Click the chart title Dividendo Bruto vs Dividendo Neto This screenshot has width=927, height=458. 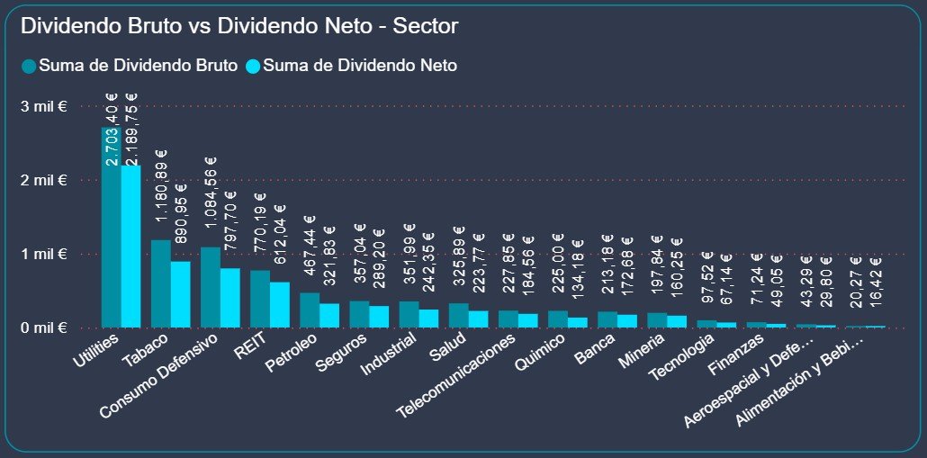click(239, 26)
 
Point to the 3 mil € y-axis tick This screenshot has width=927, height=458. click(44, 106)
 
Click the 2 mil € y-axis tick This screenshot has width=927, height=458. click(44, 180)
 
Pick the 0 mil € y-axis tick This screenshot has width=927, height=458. click(44, 328)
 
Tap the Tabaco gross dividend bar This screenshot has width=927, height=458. click(160, 283)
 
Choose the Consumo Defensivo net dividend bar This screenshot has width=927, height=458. click(230, 298)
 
